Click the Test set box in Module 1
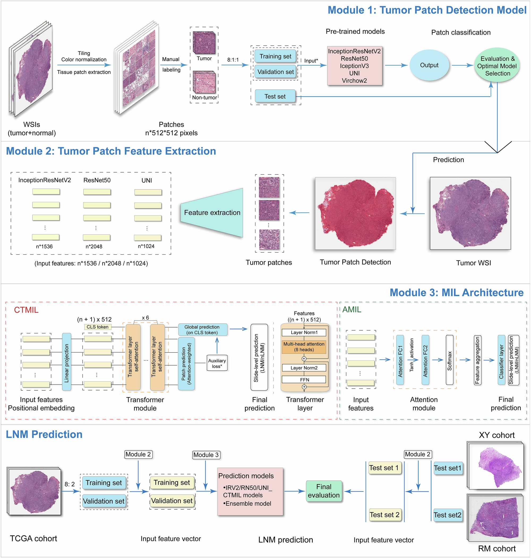(x=275, y=96)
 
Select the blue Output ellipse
(x=429, y=65)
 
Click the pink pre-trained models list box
(x=354, y=66)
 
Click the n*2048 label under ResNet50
(x=94, y=246)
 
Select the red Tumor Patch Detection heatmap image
(x=355, y=214)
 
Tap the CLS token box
(x=97, y=327)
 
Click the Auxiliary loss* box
(x=217, y=363)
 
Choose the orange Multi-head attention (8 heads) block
(x=304, y=347)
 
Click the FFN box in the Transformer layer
(x=304, y=380)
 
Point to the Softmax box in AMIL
(x=449, y=360)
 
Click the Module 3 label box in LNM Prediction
(x=206, y=455)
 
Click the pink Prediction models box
(x=250, y=491)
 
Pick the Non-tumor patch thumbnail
(x=204, y=82)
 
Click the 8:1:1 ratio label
(x=233, y=60)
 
